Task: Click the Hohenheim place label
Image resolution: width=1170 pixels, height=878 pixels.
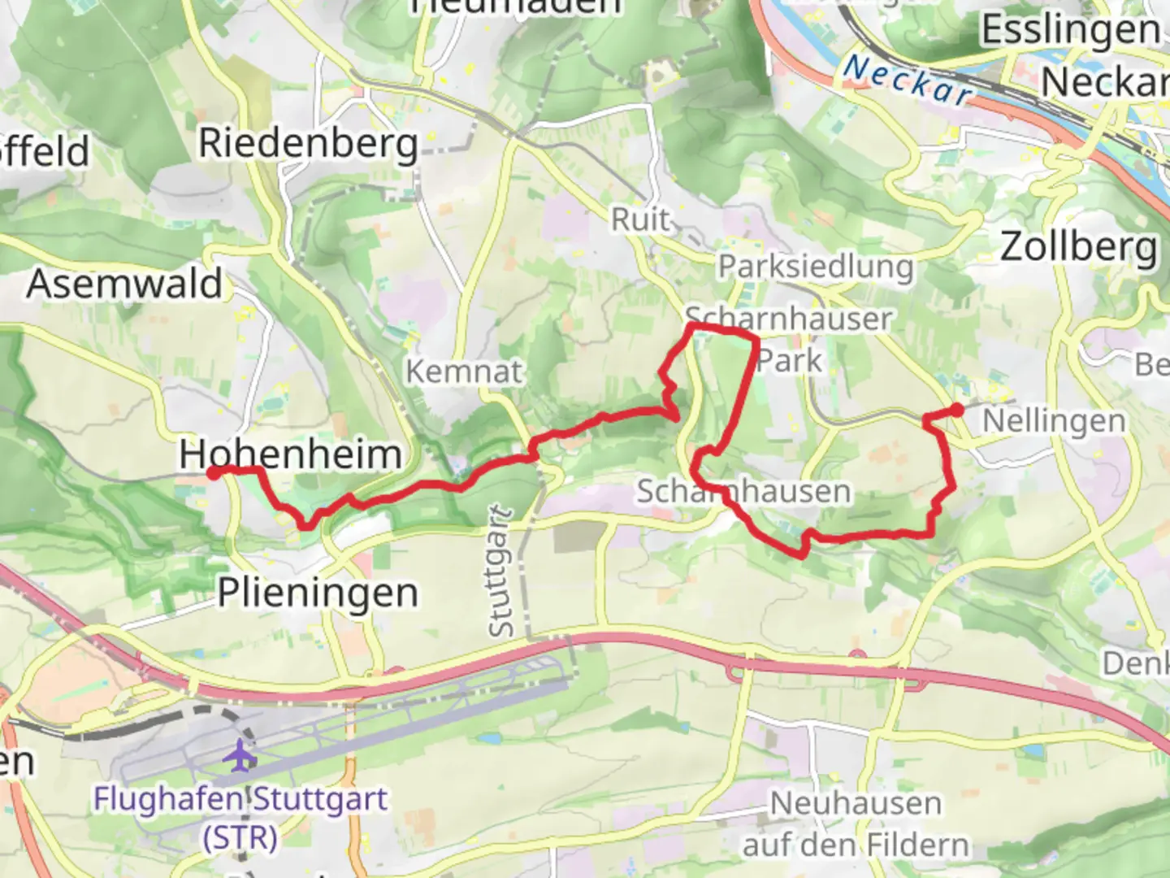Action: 290,454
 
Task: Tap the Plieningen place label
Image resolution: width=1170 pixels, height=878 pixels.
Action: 318,593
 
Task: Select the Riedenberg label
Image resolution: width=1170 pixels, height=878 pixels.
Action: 309,143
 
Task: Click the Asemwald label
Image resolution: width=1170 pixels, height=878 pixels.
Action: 124,284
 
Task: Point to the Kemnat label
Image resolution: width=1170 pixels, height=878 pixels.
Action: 464,372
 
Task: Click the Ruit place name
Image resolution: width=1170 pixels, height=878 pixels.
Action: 641,219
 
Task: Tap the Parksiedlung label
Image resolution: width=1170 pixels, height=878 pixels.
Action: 815,267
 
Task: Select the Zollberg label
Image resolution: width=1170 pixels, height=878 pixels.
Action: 1078,246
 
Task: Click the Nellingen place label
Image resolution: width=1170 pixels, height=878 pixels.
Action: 1054,421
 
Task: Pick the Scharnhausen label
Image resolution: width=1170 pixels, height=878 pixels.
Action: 743,491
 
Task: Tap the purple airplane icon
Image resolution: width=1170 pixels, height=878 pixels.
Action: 240,755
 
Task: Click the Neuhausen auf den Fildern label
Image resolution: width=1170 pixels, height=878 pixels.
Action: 856,824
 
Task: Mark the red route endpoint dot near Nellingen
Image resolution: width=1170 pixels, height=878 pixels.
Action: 958,410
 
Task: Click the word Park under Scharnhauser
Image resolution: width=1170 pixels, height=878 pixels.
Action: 790,360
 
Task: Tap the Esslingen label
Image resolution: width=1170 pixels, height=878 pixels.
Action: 1071,31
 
